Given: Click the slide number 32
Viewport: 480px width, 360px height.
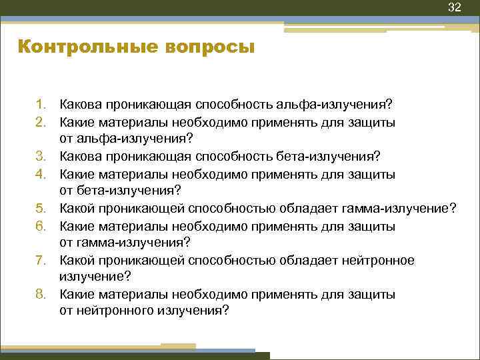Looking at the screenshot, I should (x=454, y=7).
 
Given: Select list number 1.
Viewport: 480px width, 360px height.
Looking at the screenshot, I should (x=41, y=105).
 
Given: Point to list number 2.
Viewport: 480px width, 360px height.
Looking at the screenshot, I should (x=41, y=122).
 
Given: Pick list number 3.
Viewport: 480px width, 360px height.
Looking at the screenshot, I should (x=41, y=157).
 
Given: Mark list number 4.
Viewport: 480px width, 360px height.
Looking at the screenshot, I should (x=41, y=174).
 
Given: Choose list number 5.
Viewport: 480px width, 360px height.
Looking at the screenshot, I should (x=41, y=209).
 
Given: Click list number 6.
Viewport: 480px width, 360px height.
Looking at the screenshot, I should (x=41, y=226).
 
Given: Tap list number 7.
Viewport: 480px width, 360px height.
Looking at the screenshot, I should (x=41, y=261).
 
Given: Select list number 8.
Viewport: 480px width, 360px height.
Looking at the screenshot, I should (x=41, y=294).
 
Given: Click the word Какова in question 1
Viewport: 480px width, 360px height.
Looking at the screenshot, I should (x=79, y=105).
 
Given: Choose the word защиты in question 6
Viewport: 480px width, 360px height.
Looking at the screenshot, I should (x=375, y=226).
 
